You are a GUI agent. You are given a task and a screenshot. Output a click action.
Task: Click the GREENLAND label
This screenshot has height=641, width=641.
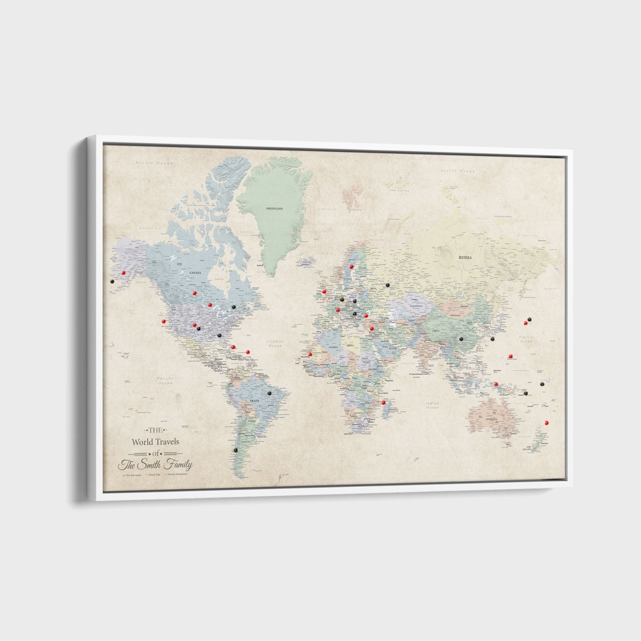click(x=274, y=209)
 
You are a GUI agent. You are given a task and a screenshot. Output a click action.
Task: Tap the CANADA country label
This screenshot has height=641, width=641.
click(x=195, y=273)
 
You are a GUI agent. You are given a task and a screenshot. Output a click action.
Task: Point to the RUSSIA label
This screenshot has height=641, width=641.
click(x=465, y=258)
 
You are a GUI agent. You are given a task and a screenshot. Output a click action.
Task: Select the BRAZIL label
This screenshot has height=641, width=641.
click(x=255, y=401)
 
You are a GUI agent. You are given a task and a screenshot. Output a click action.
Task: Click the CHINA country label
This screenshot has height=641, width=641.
click(x=435, y=331)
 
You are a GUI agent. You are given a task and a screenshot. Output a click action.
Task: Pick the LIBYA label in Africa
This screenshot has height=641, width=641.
click(x=350, y=345)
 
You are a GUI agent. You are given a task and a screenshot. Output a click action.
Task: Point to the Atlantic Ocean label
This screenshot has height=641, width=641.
click(x=274, y=343)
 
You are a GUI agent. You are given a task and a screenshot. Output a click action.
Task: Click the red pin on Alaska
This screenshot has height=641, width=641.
click(x=123, y=272)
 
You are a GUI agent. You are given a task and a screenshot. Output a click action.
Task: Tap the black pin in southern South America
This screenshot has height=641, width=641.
click(x=235, y=450)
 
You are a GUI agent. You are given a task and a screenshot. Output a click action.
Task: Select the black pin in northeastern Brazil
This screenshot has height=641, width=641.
click(x=269, y=393)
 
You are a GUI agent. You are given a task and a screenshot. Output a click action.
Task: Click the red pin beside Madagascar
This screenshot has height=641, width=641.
click(x=384, y=402)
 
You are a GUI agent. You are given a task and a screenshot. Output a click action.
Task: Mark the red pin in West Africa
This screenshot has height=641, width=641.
click(x=310, y=354)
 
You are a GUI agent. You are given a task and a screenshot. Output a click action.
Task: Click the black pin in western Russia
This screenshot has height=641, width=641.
click(x=388, y=285)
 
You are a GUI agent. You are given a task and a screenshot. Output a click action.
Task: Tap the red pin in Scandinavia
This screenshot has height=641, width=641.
click(x=352, y=266)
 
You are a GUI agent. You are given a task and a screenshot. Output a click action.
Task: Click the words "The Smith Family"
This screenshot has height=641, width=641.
click(x=156, y=465)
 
